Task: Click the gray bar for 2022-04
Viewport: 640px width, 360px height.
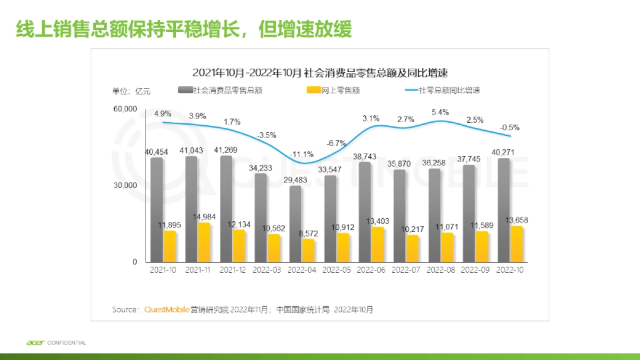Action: pos(295,224)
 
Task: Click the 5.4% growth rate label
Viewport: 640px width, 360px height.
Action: pos(440,112)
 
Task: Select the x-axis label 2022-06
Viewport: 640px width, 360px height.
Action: pos(371,270)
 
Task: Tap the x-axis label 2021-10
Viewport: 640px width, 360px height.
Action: pos(163,270)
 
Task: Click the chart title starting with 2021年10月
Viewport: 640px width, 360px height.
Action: pos(319,73)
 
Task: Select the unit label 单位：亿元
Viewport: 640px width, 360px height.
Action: pos(131,91)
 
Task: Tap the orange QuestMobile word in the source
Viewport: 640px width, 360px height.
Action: pos(167,309)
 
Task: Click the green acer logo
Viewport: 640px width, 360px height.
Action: pos(35,342)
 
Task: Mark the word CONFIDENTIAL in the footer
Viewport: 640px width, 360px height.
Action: pos(67,342)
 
